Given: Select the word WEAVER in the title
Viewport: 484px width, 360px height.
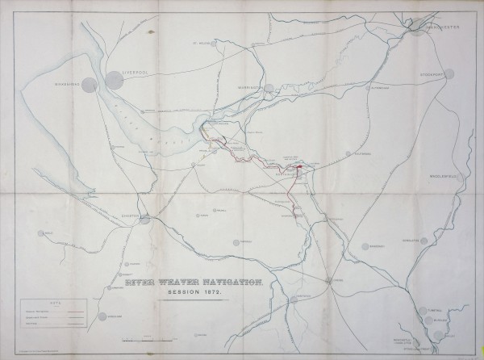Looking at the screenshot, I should click(x=182, y=283).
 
